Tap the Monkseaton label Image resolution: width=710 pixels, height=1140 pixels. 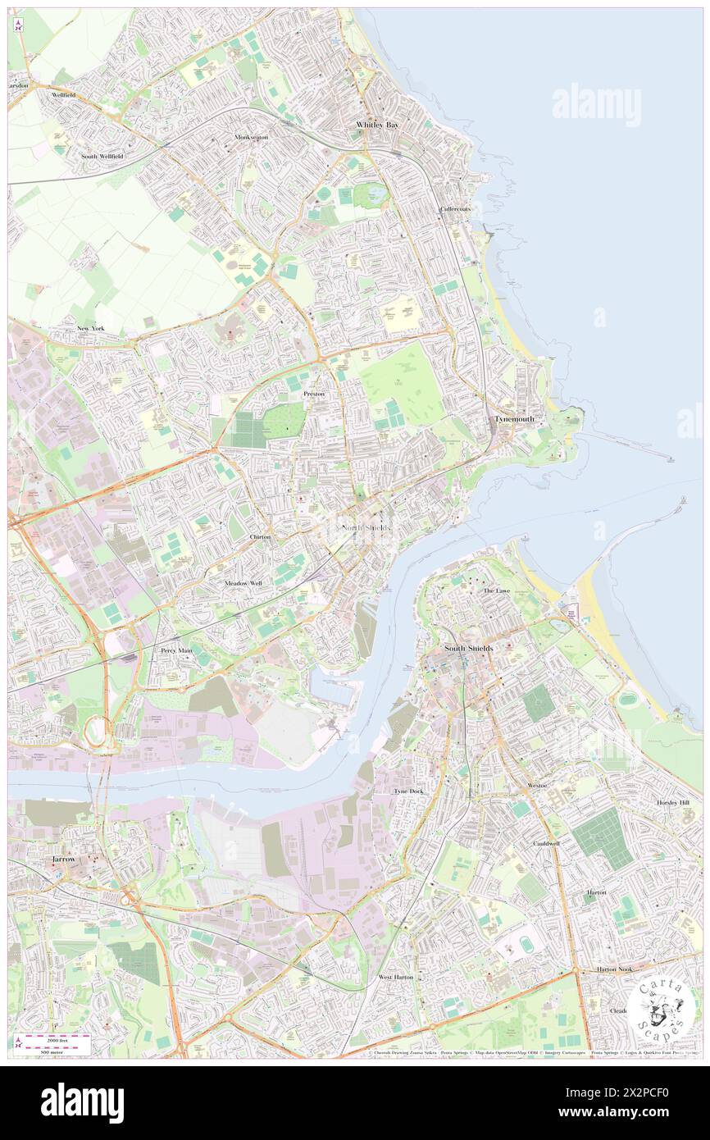point(251,137)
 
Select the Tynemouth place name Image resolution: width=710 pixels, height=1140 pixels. point(515,419)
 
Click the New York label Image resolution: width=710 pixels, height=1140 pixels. point(91,328)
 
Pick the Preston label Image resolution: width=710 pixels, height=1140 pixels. point(314,394)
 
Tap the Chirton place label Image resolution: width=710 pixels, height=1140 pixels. point(260,536)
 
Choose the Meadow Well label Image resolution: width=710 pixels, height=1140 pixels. point(243,583)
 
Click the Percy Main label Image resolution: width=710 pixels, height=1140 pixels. point(175,650)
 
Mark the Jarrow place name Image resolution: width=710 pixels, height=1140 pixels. point(63,859)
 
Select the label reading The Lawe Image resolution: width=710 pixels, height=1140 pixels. point(496,591)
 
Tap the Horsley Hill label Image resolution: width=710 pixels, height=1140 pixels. point(673,802)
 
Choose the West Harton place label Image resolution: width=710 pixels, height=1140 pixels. point(395,978)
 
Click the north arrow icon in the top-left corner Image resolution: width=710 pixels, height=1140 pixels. point(18,25)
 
